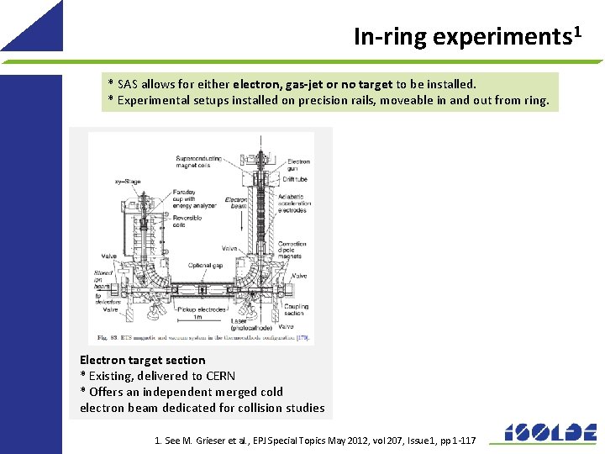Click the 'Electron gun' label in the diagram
point(298,165)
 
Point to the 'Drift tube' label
point(294,179)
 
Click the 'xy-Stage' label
point(127,181)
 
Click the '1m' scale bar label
point(197,317)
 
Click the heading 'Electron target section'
point(142,360)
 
